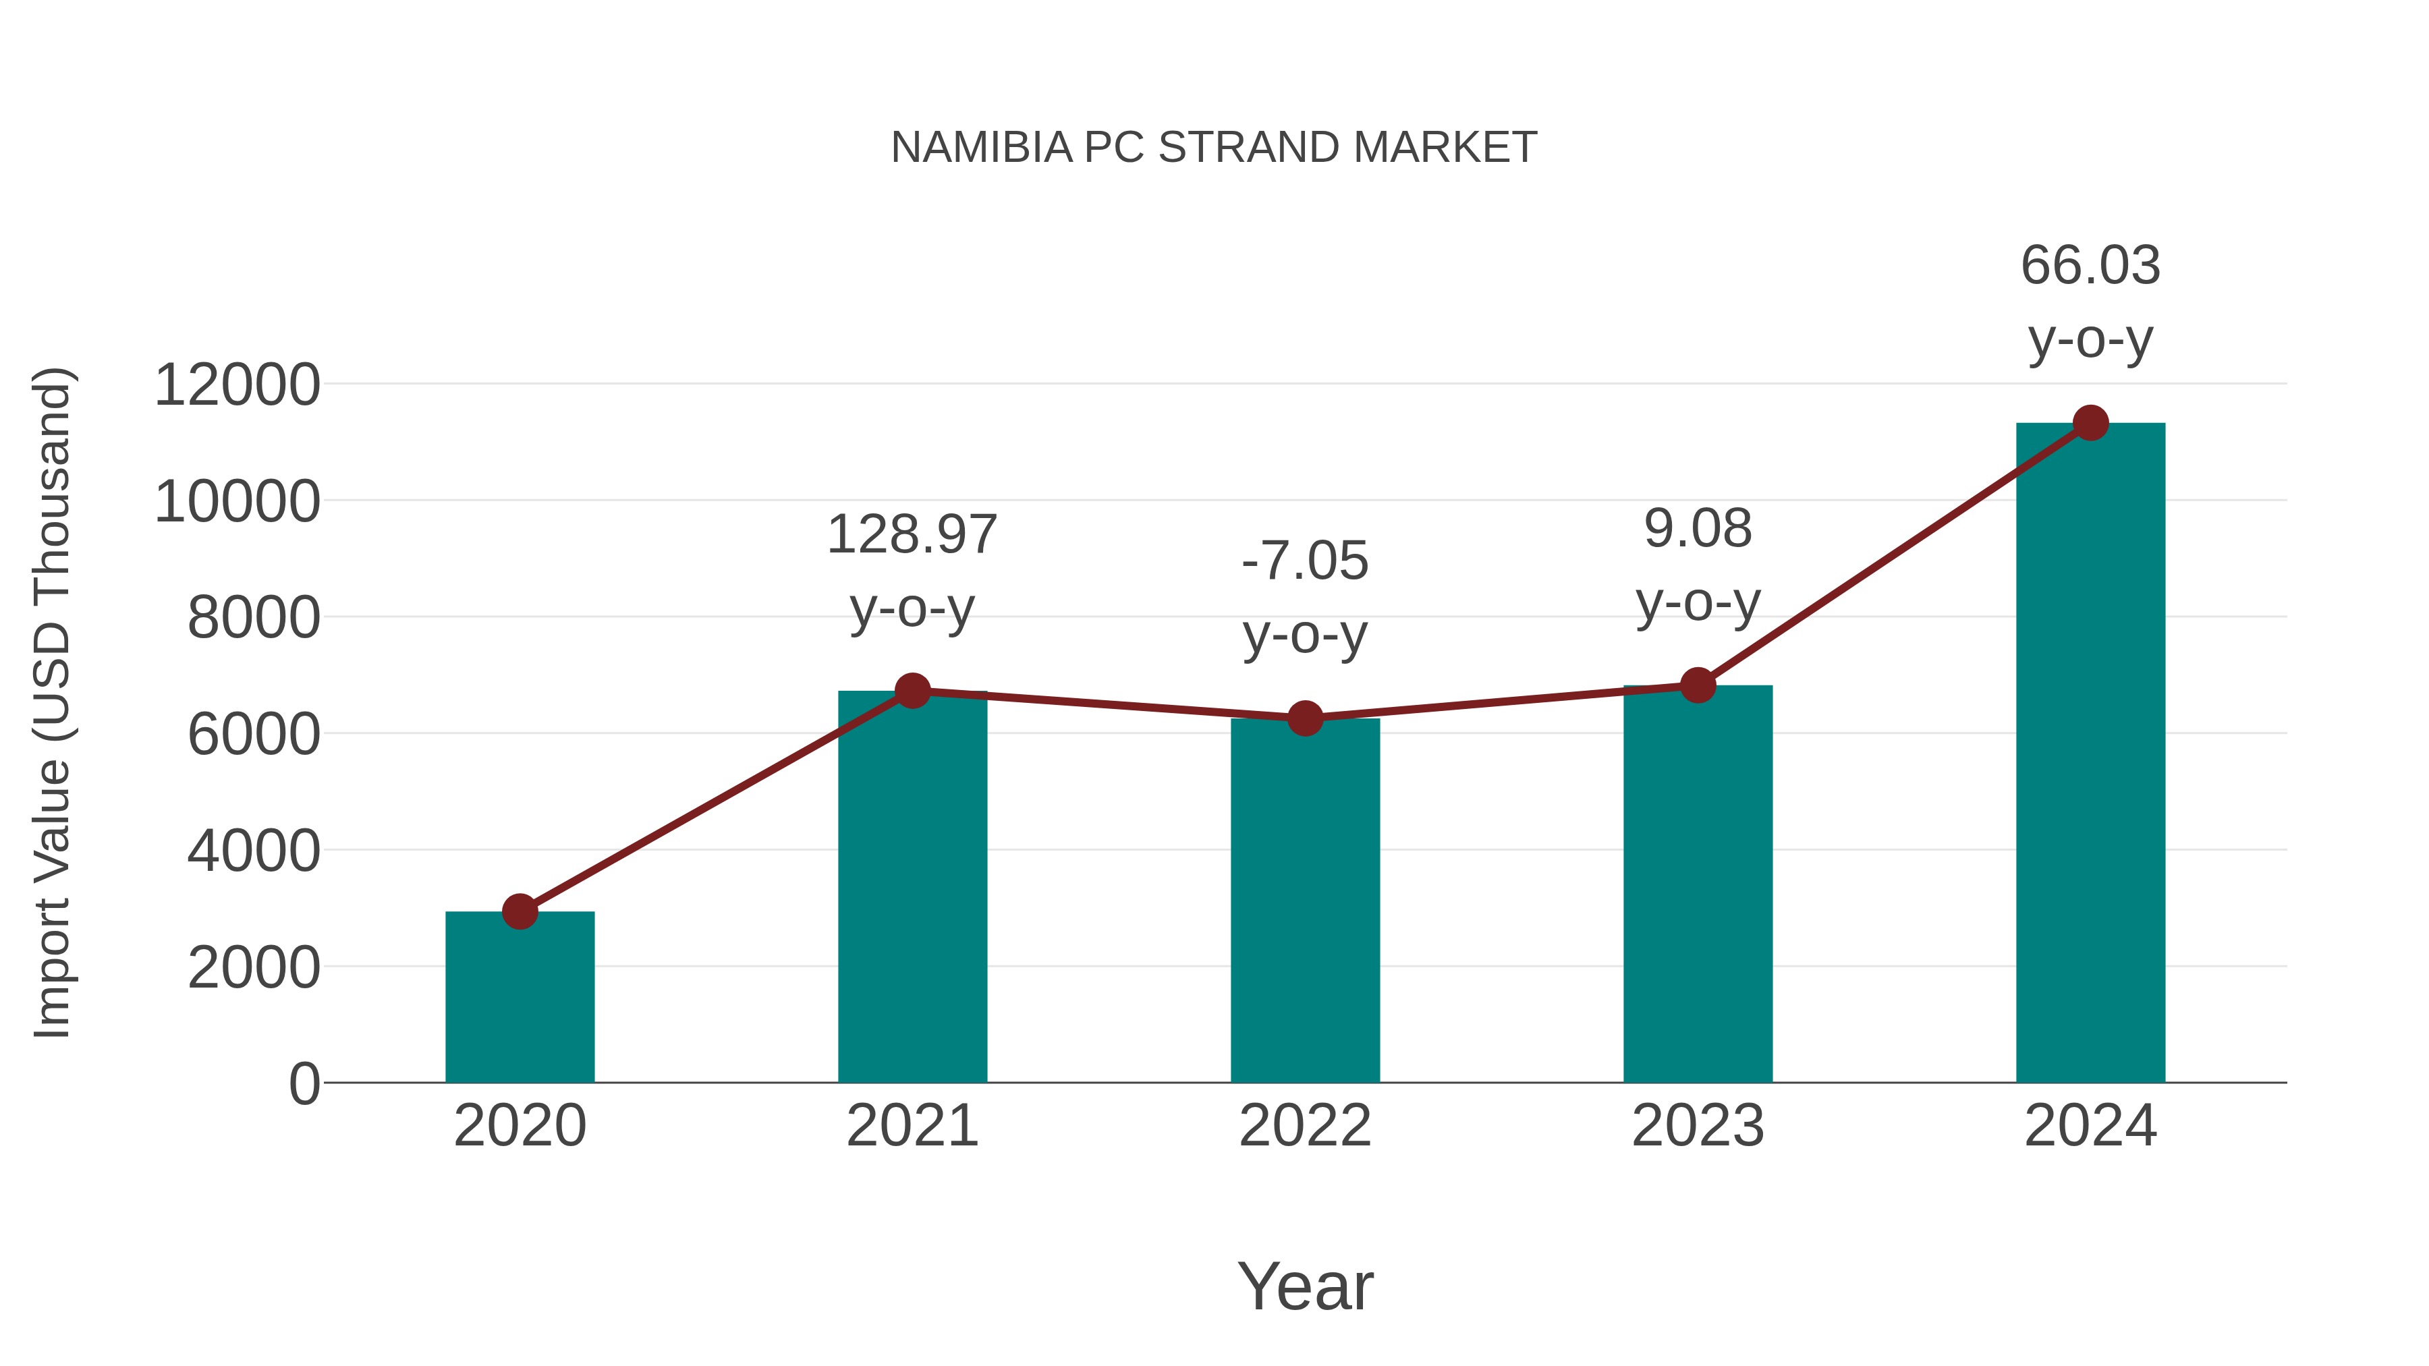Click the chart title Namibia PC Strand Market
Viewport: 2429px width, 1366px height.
[x=1214, y=148]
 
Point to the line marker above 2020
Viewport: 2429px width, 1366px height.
[x=520, y=911]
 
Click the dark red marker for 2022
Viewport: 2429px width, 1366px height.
[x=1305, y=719]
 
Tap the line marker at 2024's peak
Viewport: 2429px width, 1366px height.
[x=2090, y=423]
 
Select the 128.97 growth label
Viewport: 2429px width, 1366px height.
[x=912, y=536]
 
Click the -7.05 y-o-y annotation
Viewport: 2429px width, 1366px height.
[x=1305, y=562]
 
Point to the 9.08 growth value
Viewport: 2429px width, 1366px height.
[x=1698, y=529]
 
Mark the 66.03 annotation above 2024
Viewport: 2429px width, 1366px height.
[x=2090, y=266]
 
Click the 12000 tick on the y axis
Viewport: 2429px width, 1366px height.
[x=237, y=386]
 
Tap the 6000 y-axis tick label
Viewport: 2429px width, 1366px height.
[x=254, y=735]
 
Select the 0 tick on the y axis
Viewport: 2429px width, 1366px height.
[x=304, y=1084]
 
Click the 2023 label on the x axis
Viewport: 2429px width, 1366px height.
[x=1698, y=1126]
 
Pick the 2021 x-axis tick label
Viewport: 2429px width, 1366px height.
[x=912, y=1126]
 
